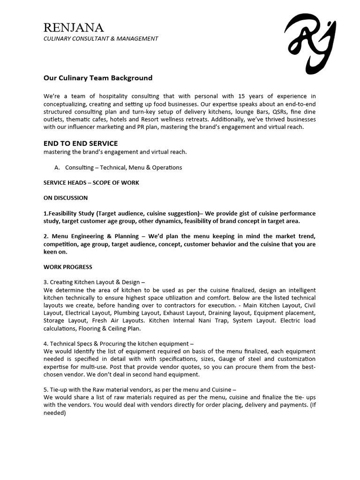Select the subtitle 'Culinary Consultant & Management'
tap(101, 38)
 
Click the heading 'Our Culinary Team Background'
tap(98, 78)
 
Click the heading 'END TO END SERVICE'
tap(81, 143)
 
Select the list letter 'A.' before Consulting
tap(58, 167)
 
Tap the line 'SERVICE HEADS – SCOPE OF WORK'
tap(91, 182)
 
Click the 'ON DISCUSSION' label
tap(66, 198)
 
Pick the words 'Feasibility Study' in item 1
tap(70, 213)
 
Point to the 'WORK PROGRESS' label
tap(68, 267)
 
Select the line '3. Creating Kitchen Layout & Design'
tap(94, 282)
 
